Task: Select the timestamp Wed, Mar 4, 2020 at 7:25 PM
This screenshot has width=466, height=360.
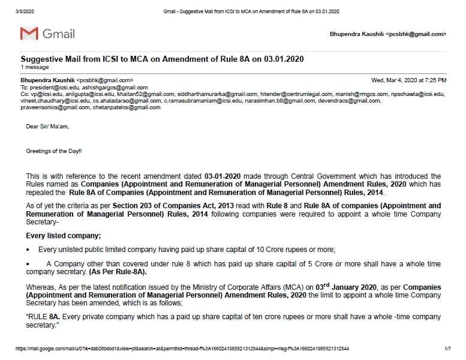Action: click(x=409, y=80)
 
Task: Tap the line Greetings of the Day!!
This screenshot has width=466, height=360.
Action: click(x=54, y=151)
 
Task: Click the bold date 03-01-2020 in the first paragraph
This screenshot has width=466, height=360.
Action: click(x=224, y=176)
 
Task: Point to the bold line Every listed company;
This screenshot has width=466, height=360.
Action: click(x=63, y=235)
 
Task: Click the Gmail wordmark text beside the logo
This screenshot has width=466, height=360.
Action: click(x=58, y=34)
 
